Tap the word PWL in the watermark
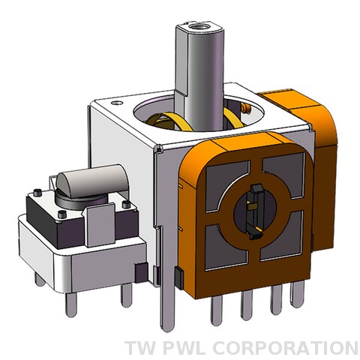point(184,348)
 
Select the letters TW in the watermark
point(140,348)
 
